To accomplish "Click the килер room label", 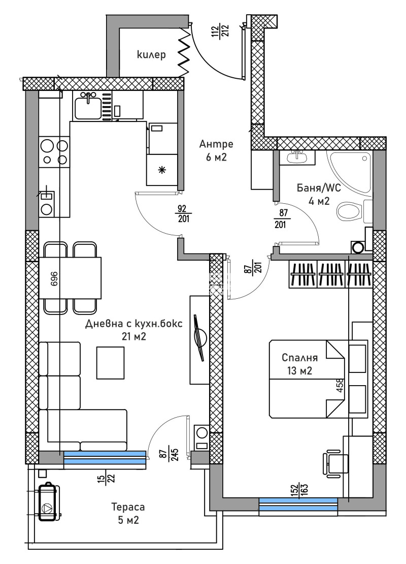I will [151, 55].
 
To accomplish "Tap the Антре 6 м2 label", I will [216, 150].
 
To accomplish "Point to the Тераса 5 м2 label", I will [128, 513].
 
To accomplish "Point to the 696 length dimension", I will [54, 279].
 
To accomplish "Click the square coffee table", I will [111, 362].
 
